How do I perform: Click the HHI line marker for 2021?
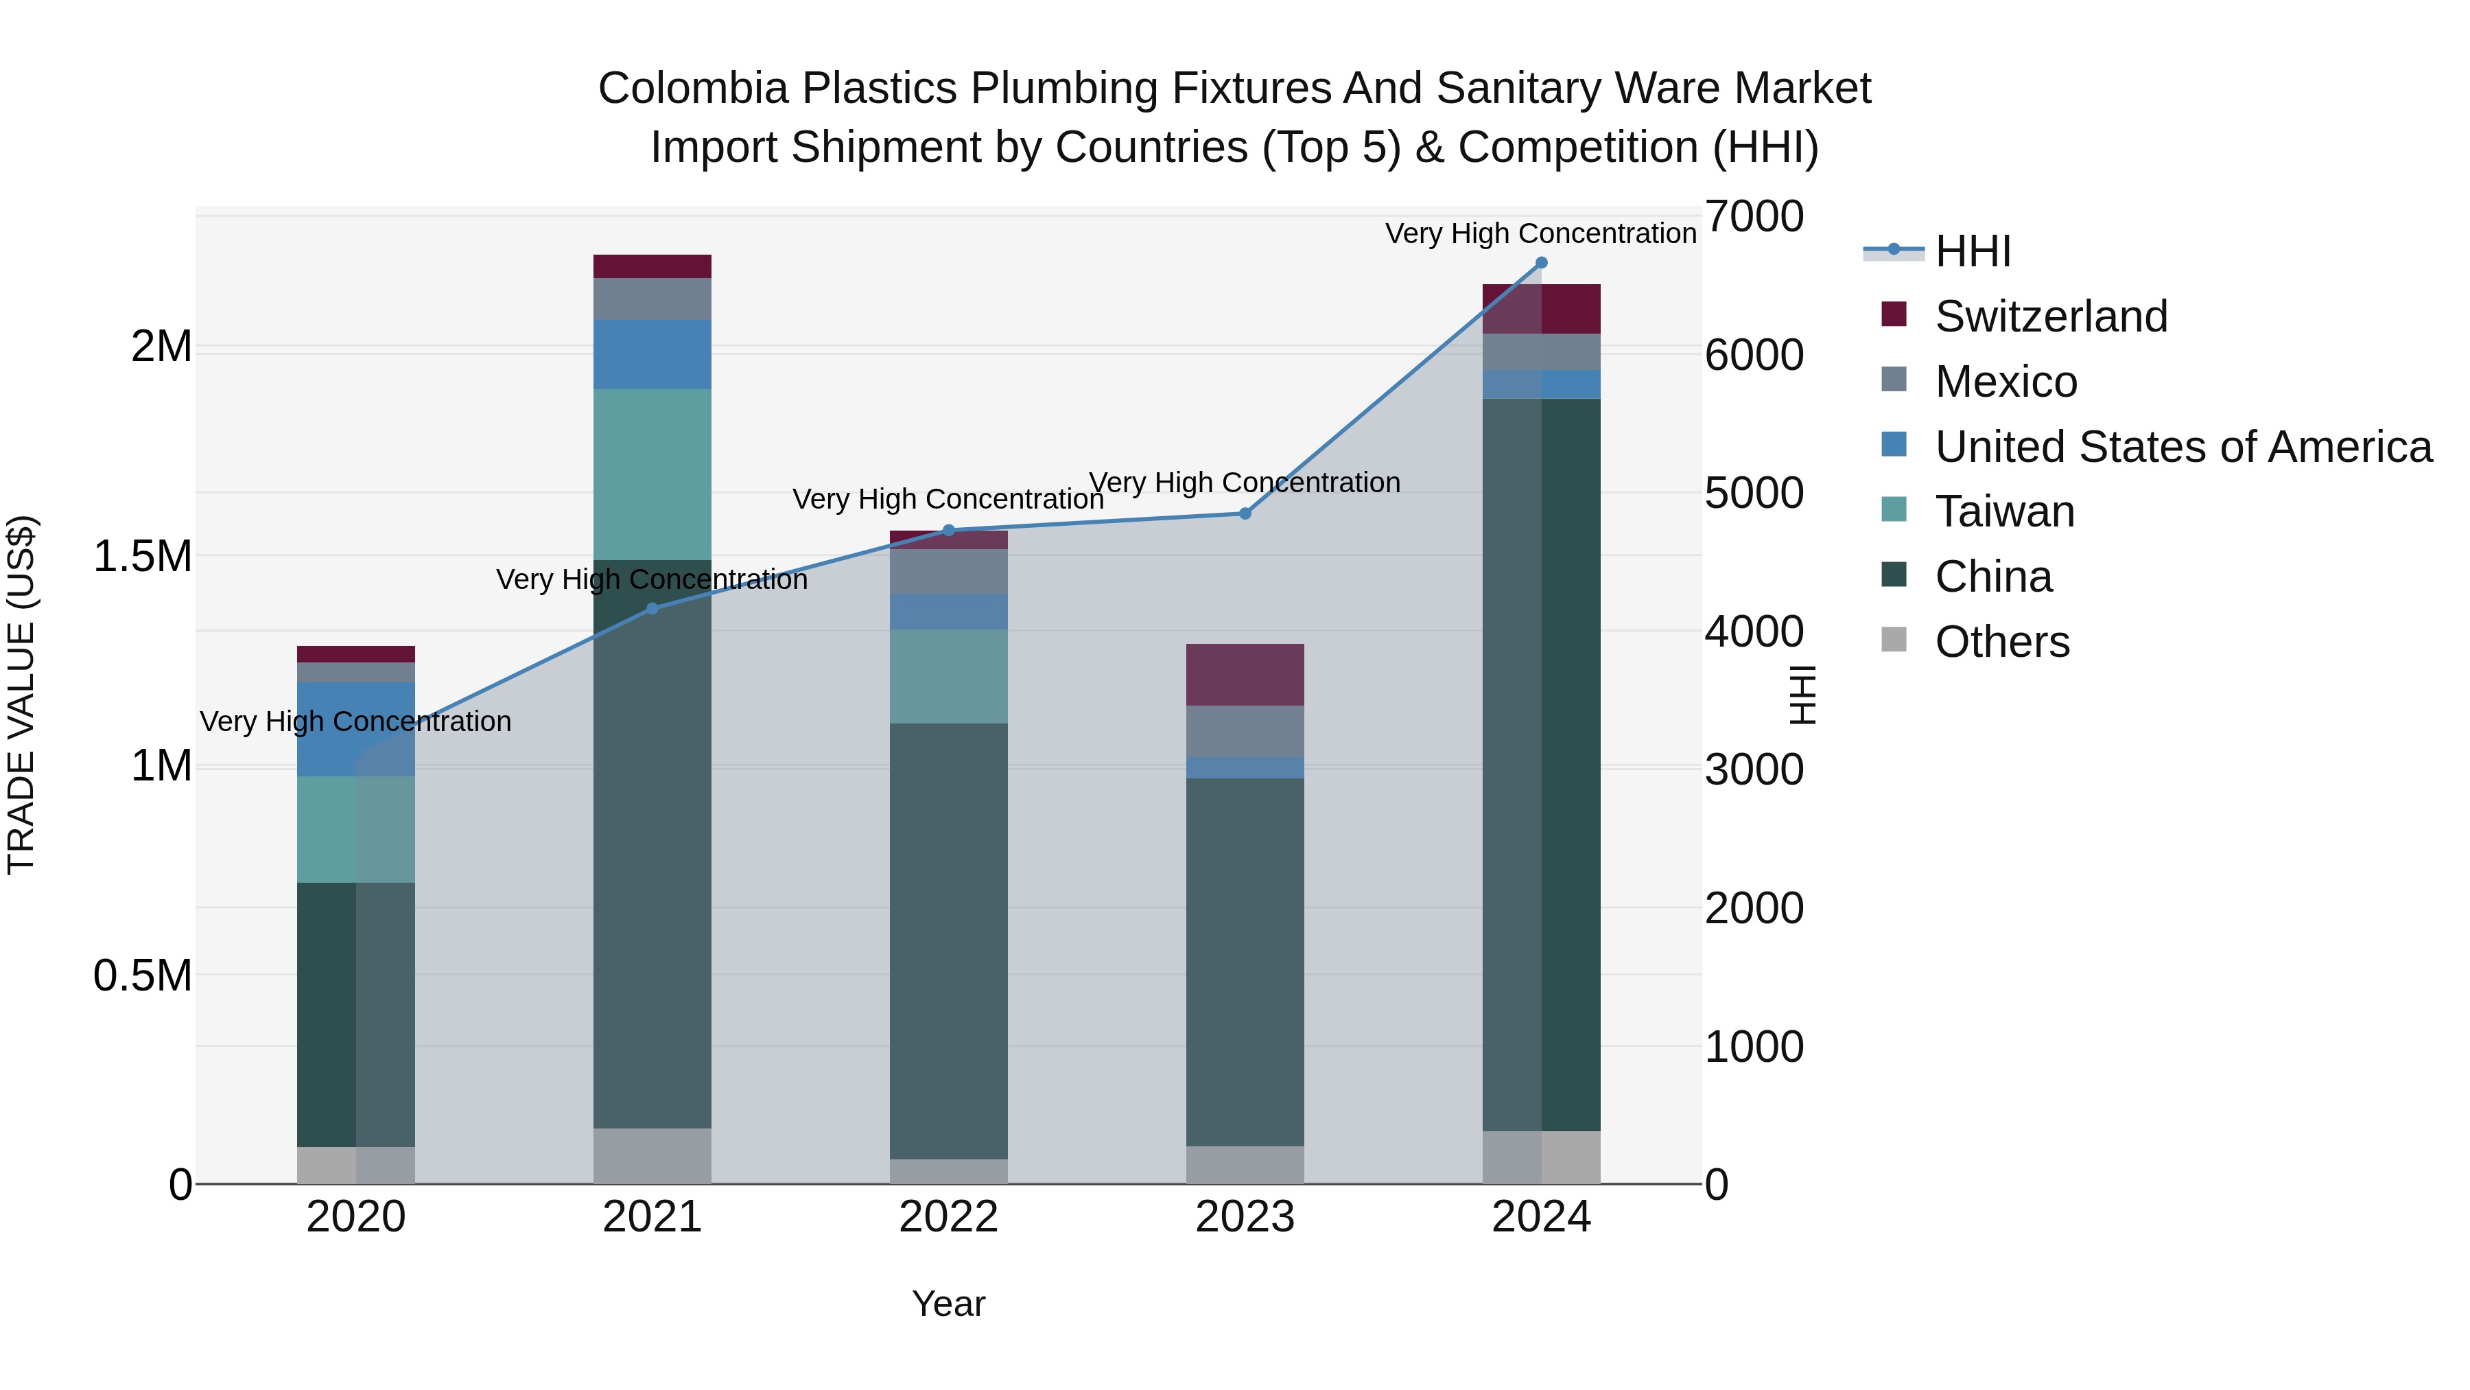click(652, 608)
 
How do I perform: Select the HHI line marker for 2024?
click(1541, 263)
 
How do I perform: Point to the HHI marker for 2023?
click(1245, 513)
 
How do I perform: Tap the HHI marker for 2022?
click(948, 531)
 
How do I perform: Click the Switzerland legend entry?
click(2050, 316)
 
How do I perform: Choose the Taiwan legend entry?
click(2004, 511)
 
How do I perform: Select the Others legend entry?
click(2001, 642)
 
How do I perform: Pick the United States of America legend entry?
click(2183, 447)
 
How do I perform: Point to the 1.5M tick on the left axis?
click(143, 557)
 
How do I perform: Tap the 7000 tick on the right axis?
click(1754, 217)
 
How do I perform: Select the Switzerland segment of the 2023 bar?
click(1245, 674)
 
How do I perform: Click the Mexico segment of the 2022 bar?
click(948, 572)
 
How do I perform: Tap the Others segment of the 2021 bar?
click(652, 1155)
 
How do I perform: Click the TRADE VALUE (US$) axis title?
click(21, 695)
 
